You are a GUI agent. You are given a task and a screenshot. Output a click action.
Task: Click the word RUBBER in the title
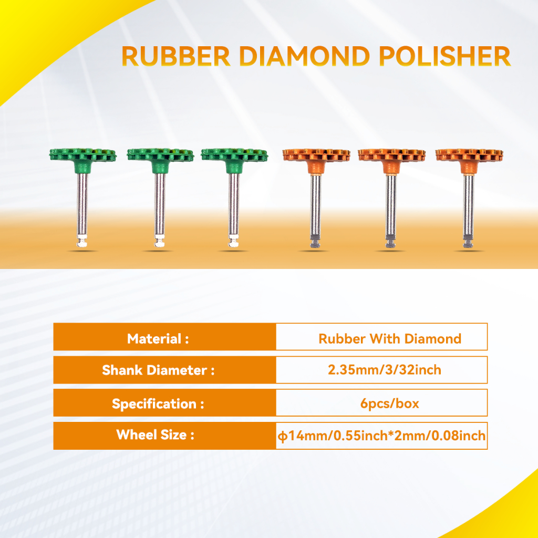coord(175,56)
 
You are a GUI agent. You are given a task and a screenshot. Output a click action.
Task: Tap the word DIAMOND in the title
coord(304,56)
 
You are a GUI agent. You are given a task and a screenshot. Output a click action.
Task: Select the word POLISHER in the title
coord(445,56)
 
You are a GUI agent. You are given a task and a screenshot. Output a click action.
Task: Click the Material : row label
coord(158,339)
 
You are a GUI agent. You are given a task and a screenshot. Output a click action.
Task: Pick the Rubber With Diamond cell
coord(390,339)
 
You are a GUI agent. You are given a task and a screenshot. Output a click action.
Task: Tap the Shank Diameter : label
coord(158,370)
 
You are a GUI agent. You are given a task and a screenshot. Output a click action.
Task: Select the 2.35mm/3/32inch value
coord(384,369)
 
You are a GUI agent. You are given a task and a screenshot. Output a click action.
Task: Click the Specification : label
coord(158,404)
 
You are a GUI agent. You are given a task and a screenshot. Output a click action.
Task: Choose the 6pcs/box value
coord(390,403)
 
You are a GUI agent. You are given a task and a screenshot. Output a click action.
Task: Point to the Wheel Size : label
coord(155,434)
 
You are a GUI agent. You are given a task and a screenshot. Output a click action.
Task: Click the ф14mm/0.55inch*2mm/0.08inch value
coord(381,436)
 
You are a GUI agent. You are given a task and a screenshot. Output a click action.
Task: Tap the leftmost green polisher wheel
coord(82,155)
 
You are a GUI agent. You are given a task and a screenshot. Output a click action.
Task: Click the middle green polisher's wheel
coord(160,155)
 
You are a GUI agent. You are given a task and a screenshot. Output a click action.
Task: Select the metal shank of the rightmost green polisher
coord(234,204)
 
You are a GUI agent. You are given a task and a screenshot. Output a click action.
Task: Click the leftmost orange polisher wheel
coord(316,155)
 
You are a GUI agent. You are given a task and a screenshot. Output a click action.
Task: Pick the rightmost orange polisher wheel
coord(469,155)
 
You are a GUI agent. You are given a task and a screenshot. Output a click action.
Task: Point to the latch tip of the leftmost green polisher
coord(81,241)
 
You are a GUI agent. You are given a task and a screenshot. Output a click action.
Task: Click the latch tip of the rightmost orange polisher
coord(468,242)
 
